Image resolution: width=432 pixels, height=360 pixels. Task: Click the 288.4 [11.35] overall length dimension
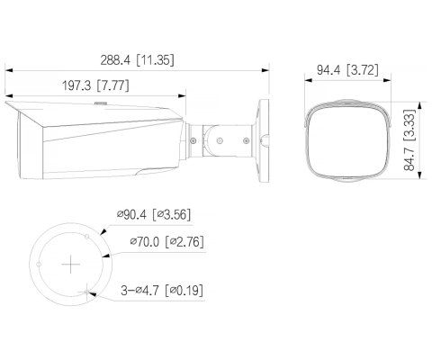(x=137, y=60)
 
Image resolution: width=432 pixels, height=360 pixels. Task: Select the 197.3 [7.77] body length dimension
(x=95, y=85)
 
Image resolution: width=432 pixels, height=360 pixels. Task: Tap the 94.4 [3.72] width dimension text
(x=347, y=70)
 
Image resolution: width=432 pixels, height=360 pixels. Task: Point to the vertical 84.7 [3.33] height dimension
(x=409, y=140)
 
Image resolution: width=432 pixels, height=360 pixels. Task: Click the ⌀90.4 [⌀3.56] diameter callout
(x=154, y=214)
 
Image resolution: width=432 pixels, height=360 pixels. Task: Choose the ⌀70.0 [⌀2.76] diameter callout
(x=167, y=241)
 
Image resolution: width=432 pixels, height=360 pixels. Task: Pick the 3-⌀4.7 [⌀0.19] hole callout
(x=162, y=290)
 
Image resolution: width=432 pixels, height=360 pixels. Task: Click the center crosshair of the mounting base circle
(x=70, y=265)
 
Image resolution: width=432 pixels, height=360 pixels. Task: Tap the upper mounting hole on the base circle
(x=87, y=237)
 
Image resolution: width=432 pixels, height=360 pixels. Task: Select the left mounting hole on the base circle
(x=39, y=265)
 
